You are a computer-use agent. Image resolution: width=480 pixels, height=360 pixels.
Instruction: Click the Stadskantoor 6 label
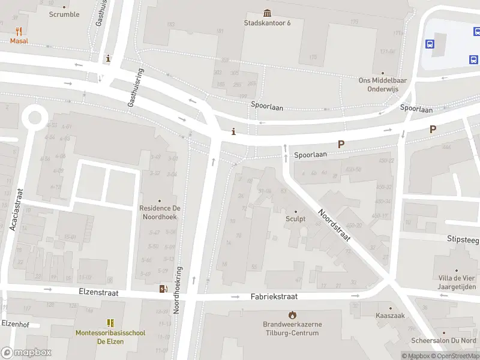click(267, 23)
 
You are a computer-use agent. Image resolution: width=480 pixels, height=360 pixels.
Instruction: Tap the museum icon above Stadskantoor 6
click(267, 13)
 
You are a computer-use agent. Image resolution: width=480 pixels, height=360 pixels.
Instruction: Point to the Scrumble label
click(64, 14)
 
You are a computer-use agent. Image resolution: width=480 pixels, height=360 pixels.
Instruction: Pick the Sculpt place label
click(295, 219)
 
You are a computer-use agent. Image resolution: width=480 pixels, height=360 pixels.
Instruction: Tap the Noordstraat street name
click(334, 226)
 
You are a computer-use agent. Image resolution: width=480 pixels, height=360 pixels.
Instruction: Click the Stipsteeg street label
click(463, 238)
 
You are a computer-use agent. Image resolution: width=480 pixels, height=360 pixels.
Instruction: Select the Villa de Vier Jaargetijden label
click(456, 281)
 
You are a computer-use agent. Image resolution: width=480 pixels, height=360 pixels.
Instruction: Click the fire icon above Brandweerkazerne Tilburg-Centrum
click(292, 315)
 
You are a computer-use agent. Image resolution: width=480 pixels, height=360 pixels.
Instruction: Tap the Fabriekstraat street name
click(274, 296)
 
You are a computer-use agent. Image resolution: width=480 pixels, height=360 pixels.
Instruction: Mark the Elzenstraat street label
click(98, 293)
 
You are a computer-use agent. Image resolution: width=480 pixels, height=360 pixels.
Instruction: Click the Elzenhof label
click(16, 323)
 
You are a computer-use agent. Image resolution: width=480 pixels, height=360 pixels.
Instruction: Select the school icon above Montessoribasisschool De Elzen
click(110, 323)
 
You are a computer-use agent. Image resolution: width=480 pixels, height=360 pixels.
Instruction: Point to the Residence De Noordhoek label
click(160, 212)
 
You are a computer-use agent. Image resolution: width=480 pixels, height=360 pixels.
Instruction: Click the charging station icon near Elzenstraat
click(163, 289)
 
